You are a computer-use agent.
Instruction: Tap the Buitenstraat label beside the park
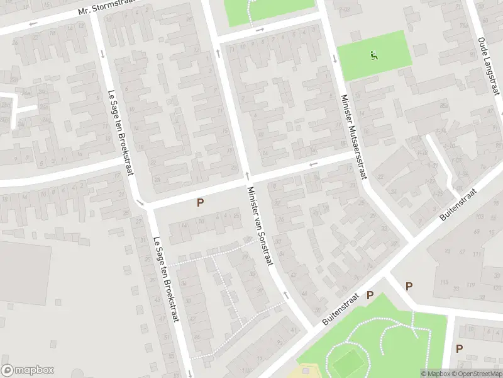pos(341,309)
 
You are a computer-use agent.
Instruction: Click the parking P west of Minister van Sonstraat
pos(200,202)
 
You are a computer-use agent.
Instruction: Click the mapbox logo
pos(28,370)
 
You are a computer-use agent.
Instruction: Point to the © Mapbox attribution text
pos(435,374)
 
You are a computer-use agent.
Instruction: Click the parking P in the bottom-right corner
pos(459,348)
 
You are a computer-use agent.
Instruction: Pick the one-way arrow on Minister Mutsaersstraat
pos(335,59)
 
